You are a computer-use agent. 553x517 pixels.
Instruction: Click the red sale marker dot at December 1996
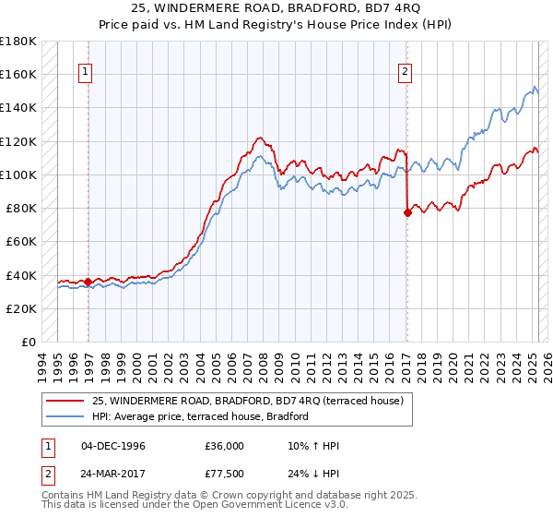tap(88, 282)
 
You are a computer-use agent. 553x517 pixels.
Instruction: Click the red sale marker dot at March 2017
tap(407, 212)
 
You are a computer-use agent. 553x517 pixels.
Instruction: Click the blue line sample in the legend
tap(65, 417)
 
